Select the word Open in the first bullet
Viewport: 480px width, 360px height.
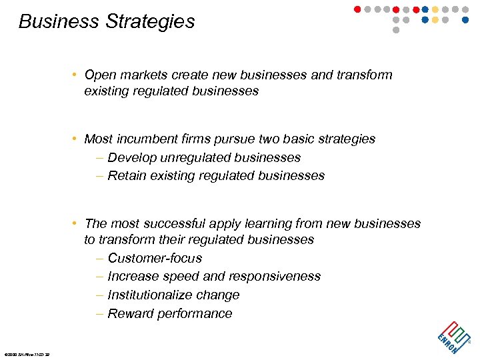[100, 75]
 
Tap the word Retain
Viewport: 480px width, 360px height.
[127, 176]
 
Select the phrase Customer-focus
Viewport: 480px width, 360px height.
[154, 258]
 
